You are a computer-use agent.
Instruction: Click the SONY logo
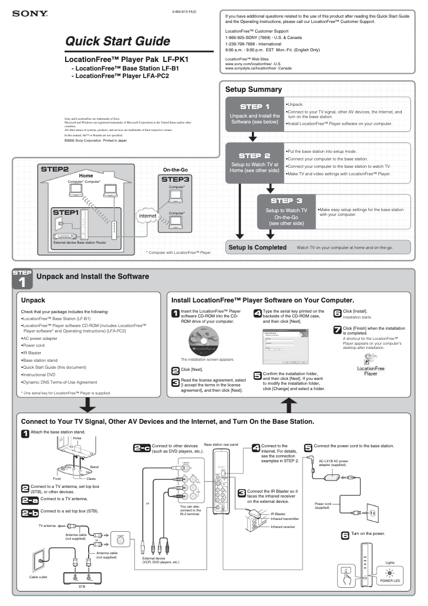[x=27, y=14]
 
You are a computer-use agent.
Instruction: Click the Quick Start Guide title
[x=118, y=41]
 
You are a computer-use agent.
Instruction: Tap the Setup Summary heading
[x=253, y=89]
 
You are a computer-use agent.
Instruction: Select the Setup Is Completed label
[x=257, y=247]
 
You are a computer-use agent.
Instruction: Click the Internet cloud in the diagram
[x=147, y=216]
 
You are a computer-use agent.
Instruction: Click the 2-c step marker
[x=142, y=448]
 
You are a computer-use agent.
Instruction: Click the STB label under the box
[x=82, y=587]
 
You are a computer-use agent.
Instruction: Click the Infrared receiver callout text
[x=283, y=527]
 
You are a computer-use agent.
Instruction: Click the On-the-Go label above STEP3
[x=175, y=169]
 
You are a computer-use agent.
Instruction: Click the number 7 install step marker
[x=337, y=329]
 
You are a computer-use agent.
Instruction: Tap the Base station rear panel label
[x=221, y=444]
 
